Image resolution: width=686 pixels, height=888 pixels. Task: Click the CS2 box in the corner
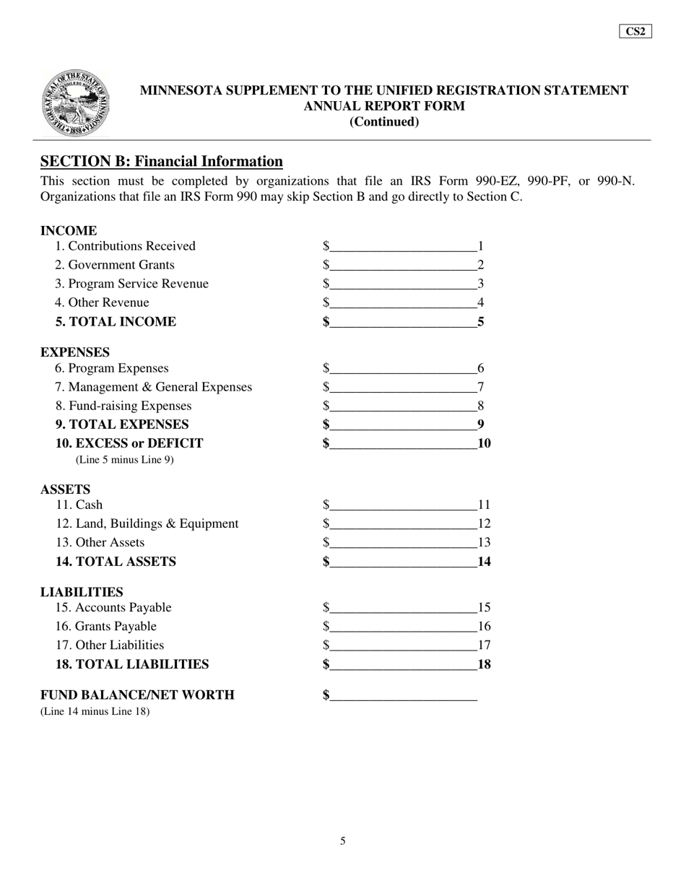635,31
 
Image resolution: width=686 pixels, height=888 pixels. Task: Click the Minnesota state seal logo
76,103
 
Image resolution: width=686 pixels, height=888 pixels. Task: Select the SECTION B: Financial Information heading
161,161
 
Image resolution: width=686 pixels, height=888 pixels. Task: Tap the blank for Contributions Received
403,247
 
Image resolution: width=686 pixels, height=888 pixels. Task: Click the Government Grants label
115,265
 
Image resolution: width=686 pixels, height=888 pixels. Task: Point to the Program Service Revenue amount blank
403,284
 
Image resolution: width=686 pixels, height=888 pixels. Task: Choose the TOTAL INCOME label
116,321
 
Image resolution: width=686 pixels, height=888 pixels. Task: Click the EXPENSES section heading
75,352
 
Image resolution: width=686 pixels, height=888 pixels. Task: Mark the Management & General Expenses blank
403,388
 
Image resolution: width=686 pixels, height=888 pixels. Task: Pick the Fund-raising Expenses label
123,406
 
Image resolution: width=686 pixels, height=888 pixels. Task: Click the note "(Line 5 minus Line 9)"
124,460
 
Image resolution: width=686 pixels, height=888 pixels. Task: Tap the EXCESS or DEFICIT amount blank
403,444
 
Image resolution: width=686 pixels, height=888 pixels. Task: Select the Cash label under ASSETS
79,505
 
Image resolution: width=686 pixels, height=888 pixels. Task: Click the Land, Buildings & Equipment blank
403,524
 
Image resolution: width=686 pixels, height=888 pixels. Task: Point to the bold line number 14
485,562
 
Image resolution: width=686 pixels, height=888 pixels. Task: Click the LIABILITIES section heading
82,592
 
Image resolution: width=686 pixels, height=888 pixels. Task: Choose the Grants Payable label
106,626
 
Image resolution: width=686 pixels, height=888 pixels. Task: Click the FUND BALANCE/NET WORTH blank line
403,696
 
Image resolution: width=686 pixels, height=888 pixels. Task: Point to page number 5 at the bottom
343,840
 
